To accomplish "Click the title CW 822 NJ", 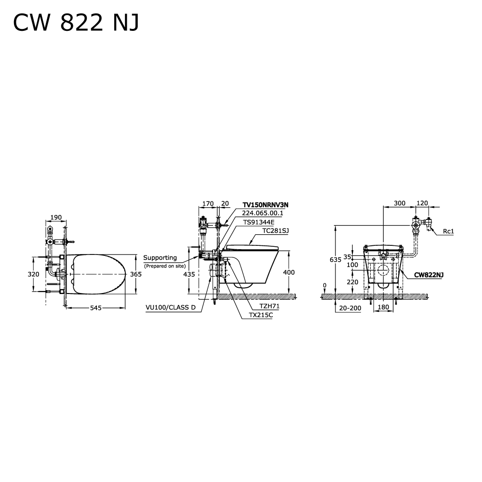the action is coord(76,23).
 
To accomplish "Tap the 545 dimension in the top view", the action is coord(95,308).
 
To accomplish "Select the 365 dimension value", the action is coord(136,274).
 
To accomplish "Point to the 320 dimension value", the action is coord(34,274).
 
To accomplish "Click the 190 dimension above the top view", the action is coord(56,218).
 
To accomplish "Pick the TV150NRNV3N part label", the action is coord(266,205).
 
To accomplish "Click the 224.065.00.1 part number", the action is coord(263,213).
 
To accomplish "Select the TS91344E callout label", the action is coord(259,222).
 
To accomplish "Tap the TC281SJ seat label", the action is coord(275,230).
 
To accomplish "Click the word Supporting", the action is coord(160,258).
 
